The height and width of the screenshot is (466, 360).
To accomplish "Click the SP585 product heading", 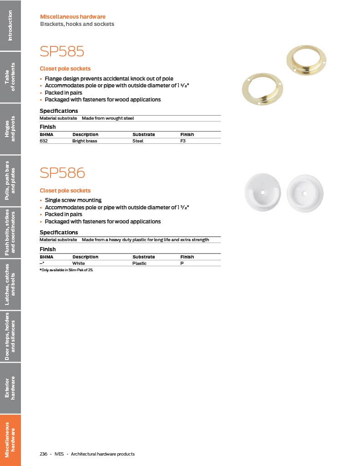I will click(x=62, y=51).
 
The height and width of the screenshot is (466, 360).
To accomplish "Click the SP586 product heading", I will click(x=62, y=173).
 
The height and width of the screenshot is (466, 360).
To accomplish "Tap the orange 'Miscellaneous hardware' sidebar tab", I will click(x=10, y=440).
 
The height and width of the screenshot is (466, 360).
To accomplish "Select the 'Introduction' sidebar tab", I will click(x=10, y=25).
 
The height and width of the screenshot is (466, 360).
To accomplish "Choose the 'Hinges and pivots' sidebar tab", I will click(x=10, y=129).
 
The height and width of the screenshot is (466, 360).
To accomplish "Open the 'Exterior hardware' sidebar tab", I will click(x=10, y=388).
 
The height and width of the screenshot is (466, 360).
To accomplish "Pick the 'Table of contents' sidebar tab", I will click(x=10, y=77).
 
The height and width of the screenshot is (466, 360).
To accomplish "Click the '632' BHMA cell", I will click(x=44, y=141).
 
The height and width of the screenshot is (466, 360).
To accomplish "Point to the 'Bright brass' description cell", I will click(x=85, y=141).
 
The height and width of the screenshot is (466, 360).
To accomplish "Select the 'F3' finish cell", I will click(x=183, y=141).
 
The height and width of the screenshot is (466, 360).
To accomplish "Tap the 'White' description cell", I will click(x=78, y=263).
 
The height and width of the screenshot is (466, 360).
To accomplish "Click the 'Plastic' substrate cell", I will click(x=139, y=263).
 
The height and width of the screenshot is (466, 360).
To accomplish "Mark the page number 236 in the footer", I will click(x=44, y=454).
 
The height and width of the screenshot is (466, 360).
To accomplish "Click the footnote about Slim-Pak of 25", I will click(x=69, y=270).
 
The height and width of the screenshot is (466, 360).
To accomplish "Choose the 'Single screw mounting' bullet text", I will click(x=73, y=200).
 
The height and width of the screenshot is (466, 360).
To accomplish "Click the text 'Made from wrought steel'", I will click(x=108, y=118).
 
